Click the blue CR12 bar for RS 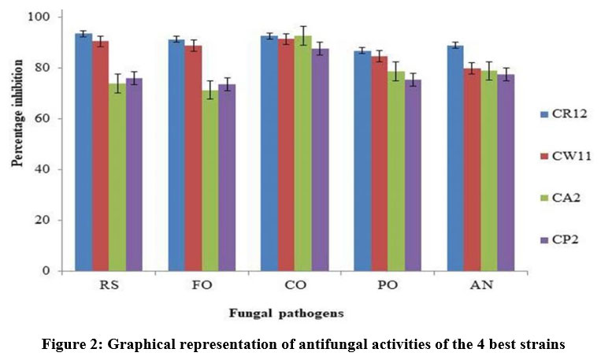(x=83, y=153)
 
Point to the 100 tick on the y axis (x=48, y=17)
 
